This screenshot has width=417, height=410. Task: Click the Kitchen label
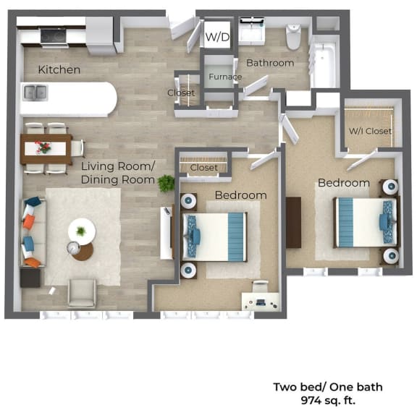pyautogui.click(x=59, y=70)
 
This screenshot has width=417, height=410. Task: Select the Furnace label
pyautogui.click(x=220, y=76)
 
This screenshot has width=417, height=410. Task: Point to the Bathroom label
pyautogui.click(x=270, y=63)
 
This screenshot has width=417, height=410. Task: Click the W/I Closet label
pyautogui.click(x=370, y=131)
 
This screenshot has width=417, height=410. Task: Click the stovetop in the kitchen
pyautogui.click(x=53, y=34)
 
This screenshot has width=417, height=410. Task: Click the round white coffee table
pyautogui.click(x=82, y=231)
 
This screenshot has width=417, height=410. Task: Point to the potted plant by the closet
pyautogui.click(x=167, y=183)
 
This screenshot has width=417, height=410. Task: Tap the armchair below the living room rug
pyautogui.click(x=82, y=294)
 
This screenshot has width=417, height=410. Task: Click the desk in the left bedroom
pyautogui.click(x=260, y=299)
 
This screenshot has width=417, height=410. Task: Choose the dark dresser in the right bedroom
pyautogui.click(x=293, y=222)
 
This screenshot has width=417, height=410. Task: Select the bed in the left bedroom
pyautogui.click(x=215, y=236)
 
